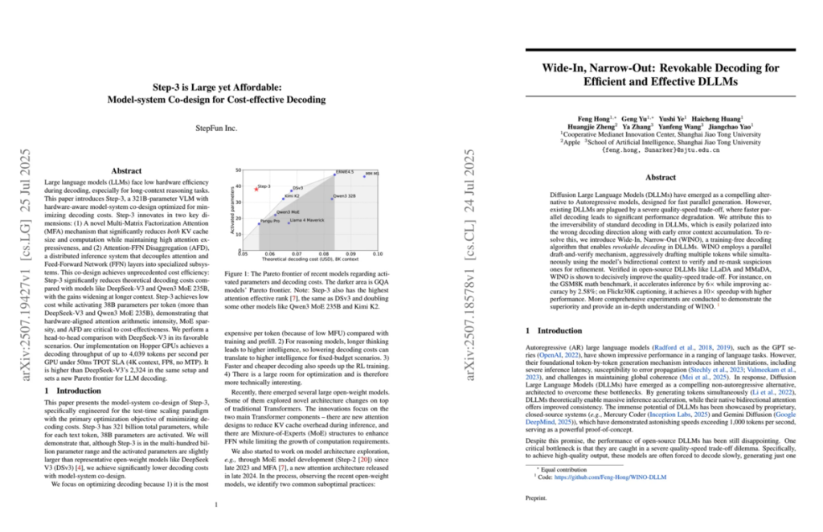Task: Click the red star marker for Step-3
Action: (256, 189)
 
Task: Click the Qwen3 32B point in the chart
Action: (332, 198)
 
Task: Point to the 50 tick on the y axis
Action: (238, 170)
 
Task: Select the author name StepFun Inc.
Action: (216, 127)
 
